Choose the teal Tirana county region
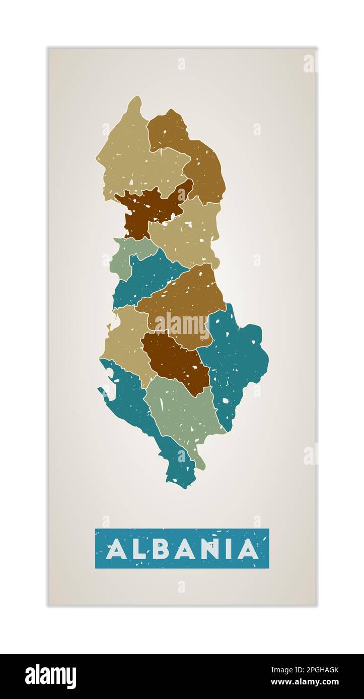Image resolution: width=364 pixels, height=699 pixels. (146, 279)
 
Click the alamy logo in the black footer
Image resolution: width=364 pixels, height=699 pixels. (50, 676)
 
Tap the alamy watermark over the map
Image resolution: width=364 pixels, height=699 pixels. (182, 326)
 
